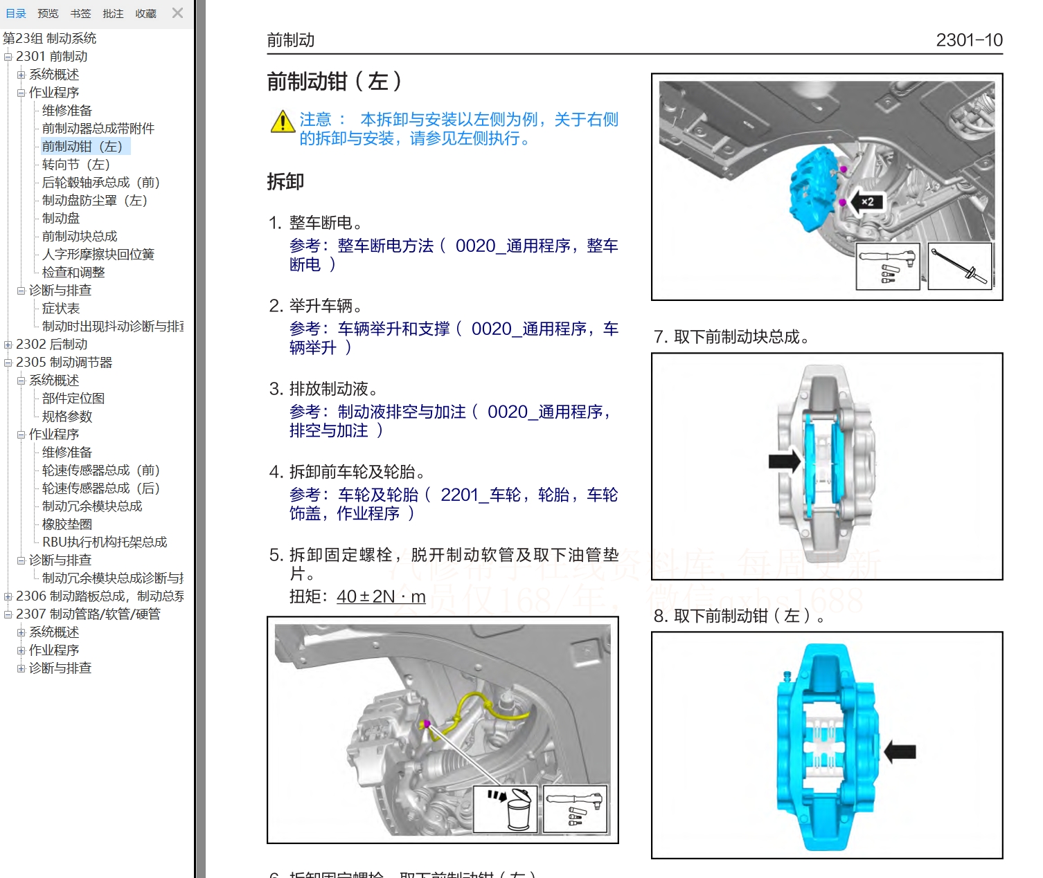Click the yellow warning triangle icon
[x=283, y=122]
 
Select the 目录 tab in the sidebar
[x=15, y=13]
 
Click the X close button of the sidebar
[x=178, y=13]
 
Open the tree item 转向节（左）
[x=75, y=165]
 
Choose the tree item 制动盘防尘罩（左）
[x=94, y=201]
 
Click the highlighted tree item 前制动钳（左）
[x=82, y=147]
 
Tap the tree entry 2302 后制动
[x=51, y=345]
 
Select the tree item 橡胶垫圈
[x=66, y=524]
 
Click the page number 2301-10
[x=968, y=40]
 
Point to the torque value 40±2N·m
[x=381, y=596]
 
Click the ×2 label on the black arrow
[x=867, y=202]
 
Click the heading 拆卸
[x=285, y=182]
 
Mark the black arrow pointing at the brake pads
[x=784, y=461]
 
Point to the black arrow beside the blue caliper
[x=900, y=751]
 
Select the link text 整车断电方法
[x=385, y=246]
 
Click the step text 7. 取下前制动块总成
[x=731, y=337]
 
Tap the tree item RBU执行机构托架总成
[x=105, y=542]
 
